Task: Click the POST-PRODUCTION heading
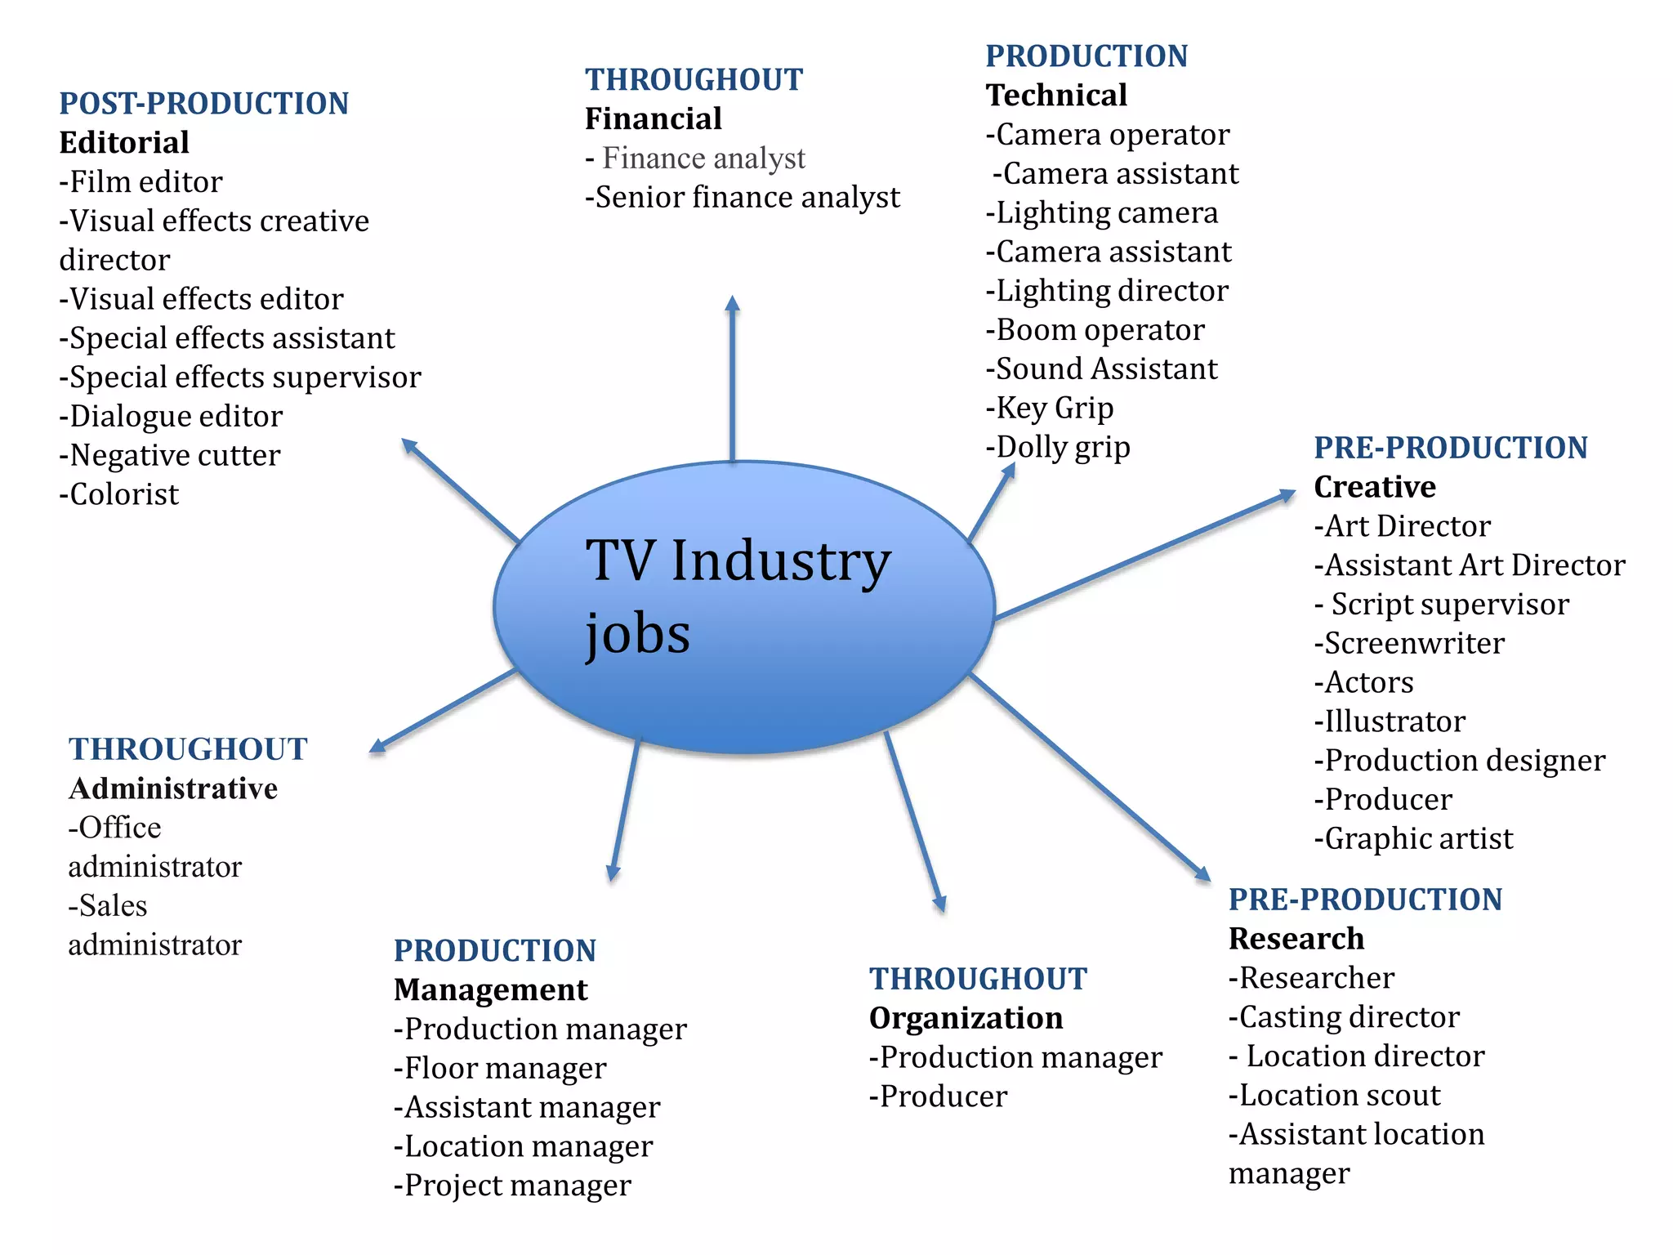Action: click(204, 104)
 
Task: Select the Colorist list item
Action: click(119, 494)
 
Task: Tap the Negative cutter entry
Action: click(170, 455)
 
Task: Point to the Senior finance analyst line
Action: click(743, 198)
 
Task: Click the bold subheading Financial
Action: click(654, 119)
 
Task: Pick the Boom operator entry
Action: click(1095, 330)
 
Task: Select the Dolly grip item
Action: click(1059, 448)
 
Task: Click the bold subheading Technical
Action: click(1056, 96)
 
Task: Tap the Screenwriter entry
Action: click(1409, 644)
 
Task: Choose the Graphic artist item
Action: click(1413, 839)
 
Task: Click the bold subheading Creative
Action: click(1375, 487)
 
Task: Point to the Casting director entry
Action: click(1344, 1017)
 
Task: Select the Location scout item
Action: click(1335, 1096)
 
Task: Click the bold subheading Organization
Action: click(966, 1019)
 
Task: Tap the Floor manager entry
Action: click(500, 1069)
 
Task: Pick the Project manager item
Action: click(512, 1186)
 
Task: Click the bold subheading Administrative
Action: click(173, 789)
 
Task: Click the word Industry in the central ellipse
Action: click(780, 563)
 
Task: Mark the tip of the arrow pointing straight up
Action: click(733, 297)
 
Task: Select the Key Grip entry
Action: click(1050, 409)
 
